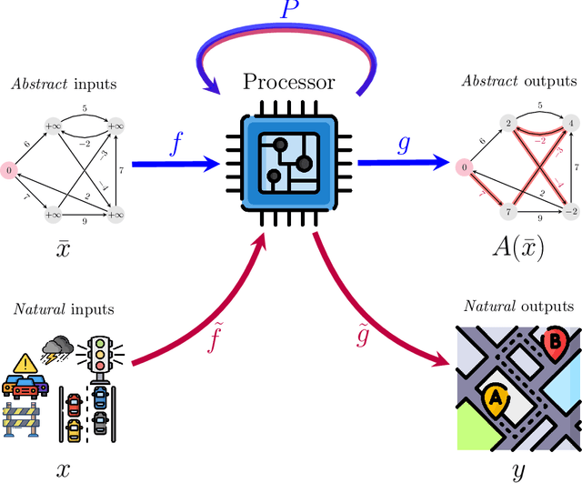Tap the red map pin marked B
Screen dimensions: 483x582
pos(553,342)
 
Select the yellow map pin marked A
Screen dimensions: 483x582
pos(496,397)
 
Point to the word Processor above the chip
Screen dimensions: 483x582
pos(289,82)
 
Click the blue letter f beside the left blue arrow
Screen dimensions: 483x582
pos(176,143)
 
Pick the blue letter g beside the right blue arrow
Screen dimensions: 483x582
pos(405,144)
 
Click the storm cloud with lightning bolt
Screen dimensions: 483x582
pos(57,347)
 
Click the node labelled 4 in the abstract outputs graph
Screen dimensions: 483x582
pos(570,122)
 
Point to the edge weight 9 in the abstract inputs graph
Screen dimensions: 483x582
pos(85,219)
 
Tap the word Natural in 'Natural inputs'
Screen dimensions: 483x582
pos(39,309)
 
